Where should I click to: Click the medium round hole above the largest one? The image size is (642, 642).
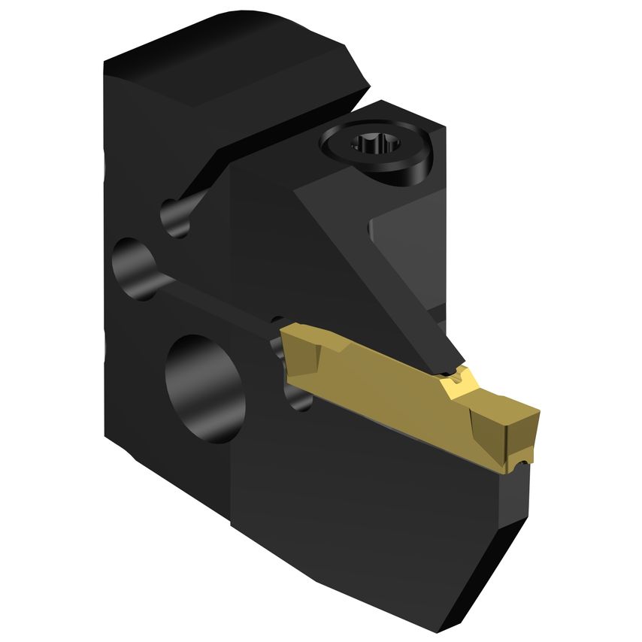(135, 263)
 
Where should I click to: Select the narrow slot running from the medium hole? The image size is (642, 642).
(210, 297)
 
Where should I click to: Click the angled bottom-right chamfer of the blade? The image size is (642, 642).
(511, 556)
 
